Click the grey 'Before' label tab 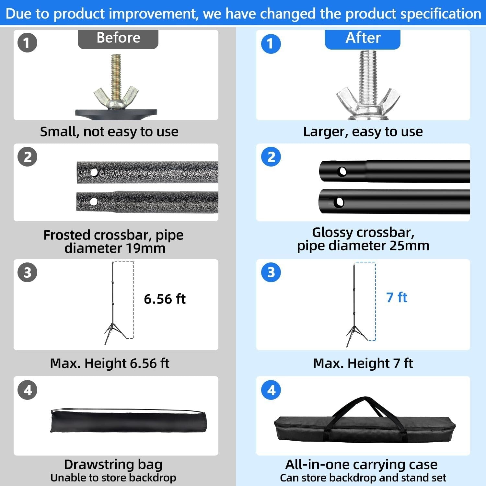[x=118, y=39]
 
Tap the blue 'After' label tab [x=363, y=39]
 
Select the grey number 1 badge [x=27, y=43]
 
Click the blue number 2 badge [x=271, y=157]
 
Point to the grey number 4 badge [x=28, y=390]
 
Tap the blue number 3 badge [x=271, y=272]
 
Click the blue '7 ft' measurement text [x=397, y=297]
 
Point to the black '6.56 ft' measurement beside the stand [x=165, y=299]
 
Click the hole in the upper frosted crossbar [x=94, y=173]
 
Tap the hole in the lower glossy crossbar [x=339, y=202]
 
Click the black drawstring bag [x=129, y=421]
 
